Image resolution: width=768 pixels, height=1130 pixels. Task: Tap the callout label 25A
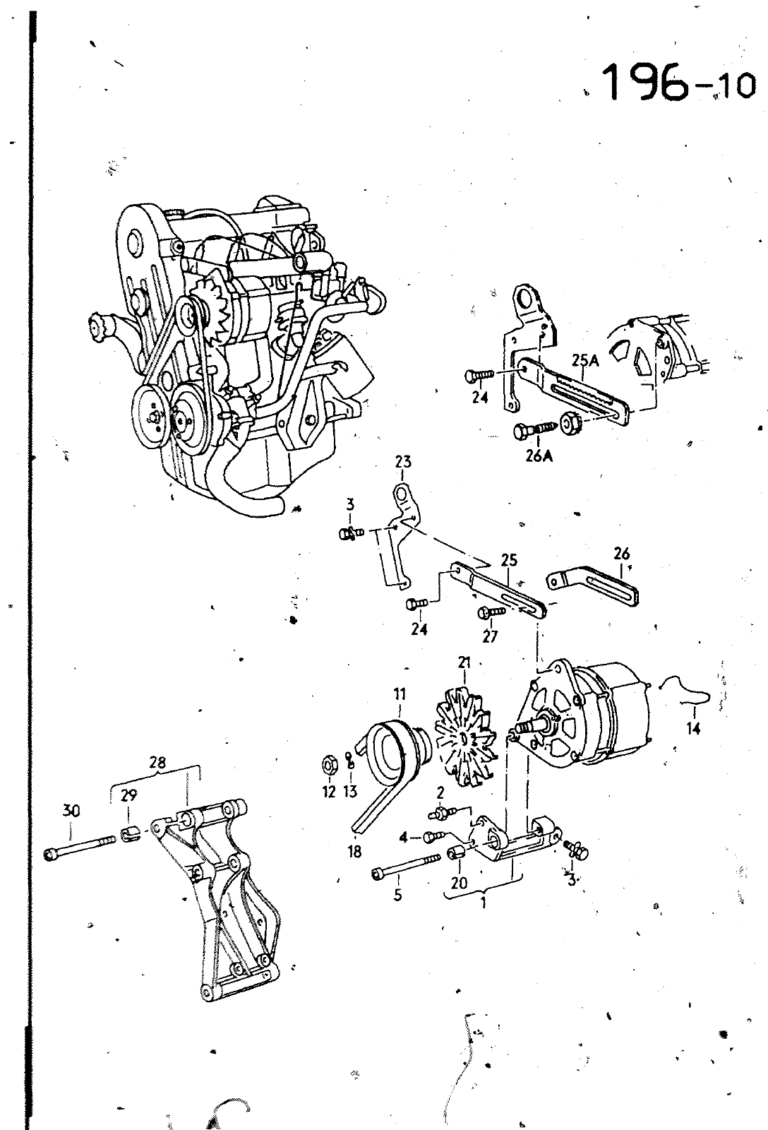coord(585,360)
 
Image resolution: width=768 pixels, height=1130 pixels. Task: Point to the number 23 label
coord(403,462)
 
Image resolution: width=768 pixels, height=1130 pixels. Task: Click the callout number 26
coord(622,554)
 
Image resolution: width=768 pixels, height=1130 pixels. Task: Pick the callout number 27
coord(490,636)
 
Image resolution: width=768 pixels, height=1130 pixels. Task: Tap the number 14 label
coord(693,728)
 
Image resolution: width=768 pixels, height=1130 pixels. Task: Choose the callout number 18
coord(354,852)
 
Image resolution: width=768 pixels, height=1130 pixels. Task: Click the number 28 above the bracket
coord(158,763)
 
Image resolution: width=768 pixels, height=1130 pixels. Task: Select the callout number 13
coord(349,792)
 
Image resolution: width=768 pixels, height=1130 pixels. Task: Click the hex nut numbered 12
coord(328,766)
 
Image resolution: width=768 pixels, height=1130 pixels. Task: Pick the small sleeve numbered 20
coord(457,854)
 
